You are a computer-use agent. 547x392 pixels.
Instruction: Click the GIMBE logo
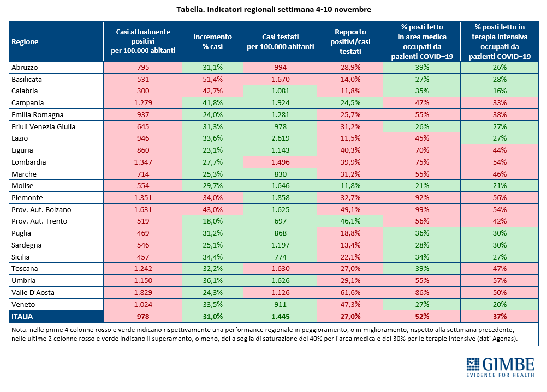click(x=500, y=367)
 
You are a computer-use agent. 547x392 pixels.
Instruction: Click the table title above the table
click(x=273, y=9)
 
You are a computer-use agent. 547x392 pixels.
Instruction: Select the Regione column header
click(x=25, y=42)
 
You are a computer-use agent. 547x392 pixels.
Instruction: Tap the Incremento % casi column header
click(x=212, y=41)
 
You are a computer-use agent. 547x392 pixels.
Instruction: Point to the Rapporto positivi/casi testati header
click(x=350, y=41)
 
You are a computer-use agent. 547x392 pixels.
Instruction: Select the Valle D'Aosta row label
click(x=33, y=293)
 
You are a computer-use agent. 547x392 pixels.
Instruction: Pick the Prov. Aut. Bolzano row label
click(x=41, y=210)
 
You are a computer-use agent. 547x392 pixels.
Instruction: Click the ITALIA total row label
click(x=22, y=316)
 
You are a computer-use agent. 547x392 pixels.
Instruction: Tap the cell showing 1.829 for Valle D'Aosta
click(x=143, y=293)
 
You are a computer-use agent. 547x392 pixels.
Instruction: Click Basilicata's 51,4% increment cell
click(x=212, y=80)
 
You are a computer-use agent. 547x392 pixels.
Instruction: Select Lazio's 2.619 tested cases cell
click(x=280, y=138)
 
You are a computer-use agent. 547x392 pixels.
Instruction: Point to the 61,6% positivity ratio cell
click(x=350, y=293)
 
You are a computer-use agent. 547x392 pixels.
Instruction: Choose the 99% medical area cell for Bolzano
click(x=422, y=210)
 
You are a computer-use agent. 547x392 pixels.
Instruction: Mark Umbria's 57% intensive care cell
click(x=500, y=281)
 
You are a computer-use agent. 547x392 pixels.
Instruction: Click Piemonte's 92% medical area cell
click(x=422, y=198)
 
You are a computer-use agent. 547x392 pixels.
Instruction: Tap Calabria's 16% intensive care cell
click(x=500, y=91)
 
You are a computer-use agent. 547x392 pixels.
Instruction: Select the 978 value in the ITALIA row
click(x=143, y=316)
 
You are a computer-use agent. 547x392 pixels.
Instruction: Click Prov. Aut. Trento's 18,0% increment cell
click(x=212, y=221)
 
